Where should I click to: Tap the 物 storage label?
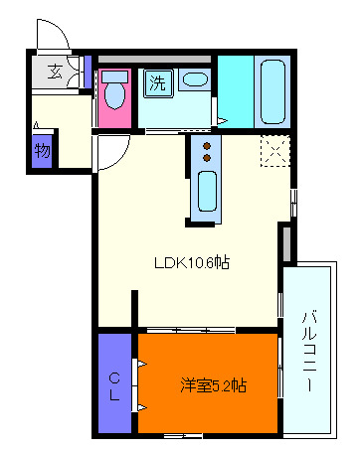coord(42,151)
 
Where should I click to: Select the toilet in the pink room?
coord(116,94)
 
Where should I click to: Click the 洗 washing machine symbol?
coord(157,83)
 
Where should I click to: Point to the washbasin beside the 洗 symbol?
coord(197,80)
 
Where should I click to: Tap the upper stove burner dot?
coord(208,145)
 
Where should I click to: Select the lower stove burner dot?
coord(208,157)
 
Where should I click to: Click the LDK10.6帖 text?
coord(191,263)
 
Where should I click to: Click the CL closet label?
coord(114,386)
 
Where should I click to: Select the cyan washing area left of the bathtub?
coord(236,92)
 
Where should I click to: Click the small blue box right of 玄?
coord(88,72)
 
